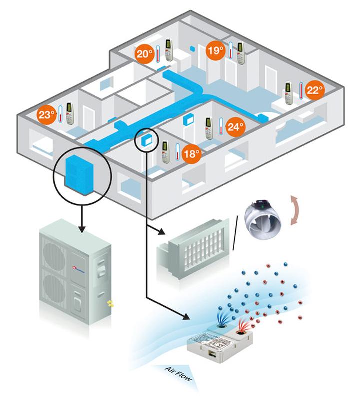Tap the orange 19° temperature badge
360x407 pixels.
[215, 51]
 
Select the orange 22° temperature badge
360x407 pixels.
[313, 90]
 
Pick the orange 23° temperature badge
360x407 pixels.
[46, 115]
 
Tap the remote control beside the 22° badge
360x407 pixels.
[288, 93]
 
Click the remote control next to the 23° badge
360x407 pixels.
[70, 114]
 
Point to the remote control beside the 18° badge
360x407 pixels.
[166, 152]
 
